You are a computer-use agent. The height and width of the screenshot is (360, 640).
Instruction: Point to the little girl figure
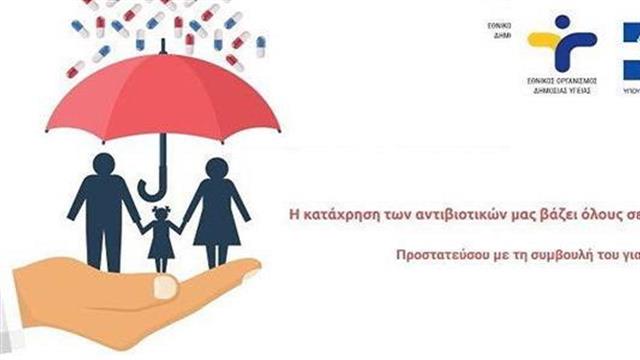point(160,230)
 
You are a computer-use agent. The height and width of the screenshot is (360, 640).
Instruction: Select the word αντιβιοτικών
point(442,210)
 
